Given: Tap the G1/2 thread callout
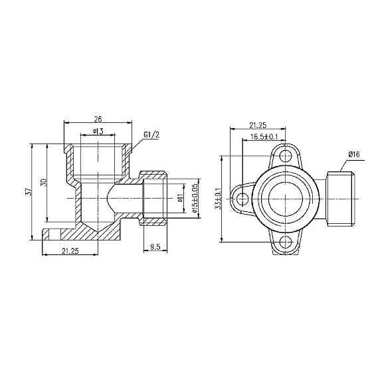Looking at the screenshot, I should point(152,135).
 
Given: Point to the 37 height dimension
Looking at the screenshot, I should point(28,191).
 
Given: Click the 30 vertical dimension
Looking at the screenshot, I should point(43,183).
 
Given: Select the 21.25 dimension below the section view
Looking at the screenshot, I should point(70,250).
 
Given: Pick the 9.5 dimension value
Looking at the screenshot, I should point(155,247).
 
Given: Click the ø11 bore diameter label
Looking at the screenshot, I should point(180,197).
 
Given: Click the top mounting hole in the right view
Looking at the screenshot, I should point(286,157).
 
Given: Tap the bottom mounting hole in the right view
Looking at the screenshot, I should point(286,242).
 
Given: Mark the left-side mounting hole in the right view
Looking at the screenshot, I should point(243,199).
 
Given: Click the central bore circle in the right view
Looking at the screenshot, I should point(286,199).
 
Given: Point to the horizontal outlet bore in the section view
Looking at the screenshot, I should point(126,198).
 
